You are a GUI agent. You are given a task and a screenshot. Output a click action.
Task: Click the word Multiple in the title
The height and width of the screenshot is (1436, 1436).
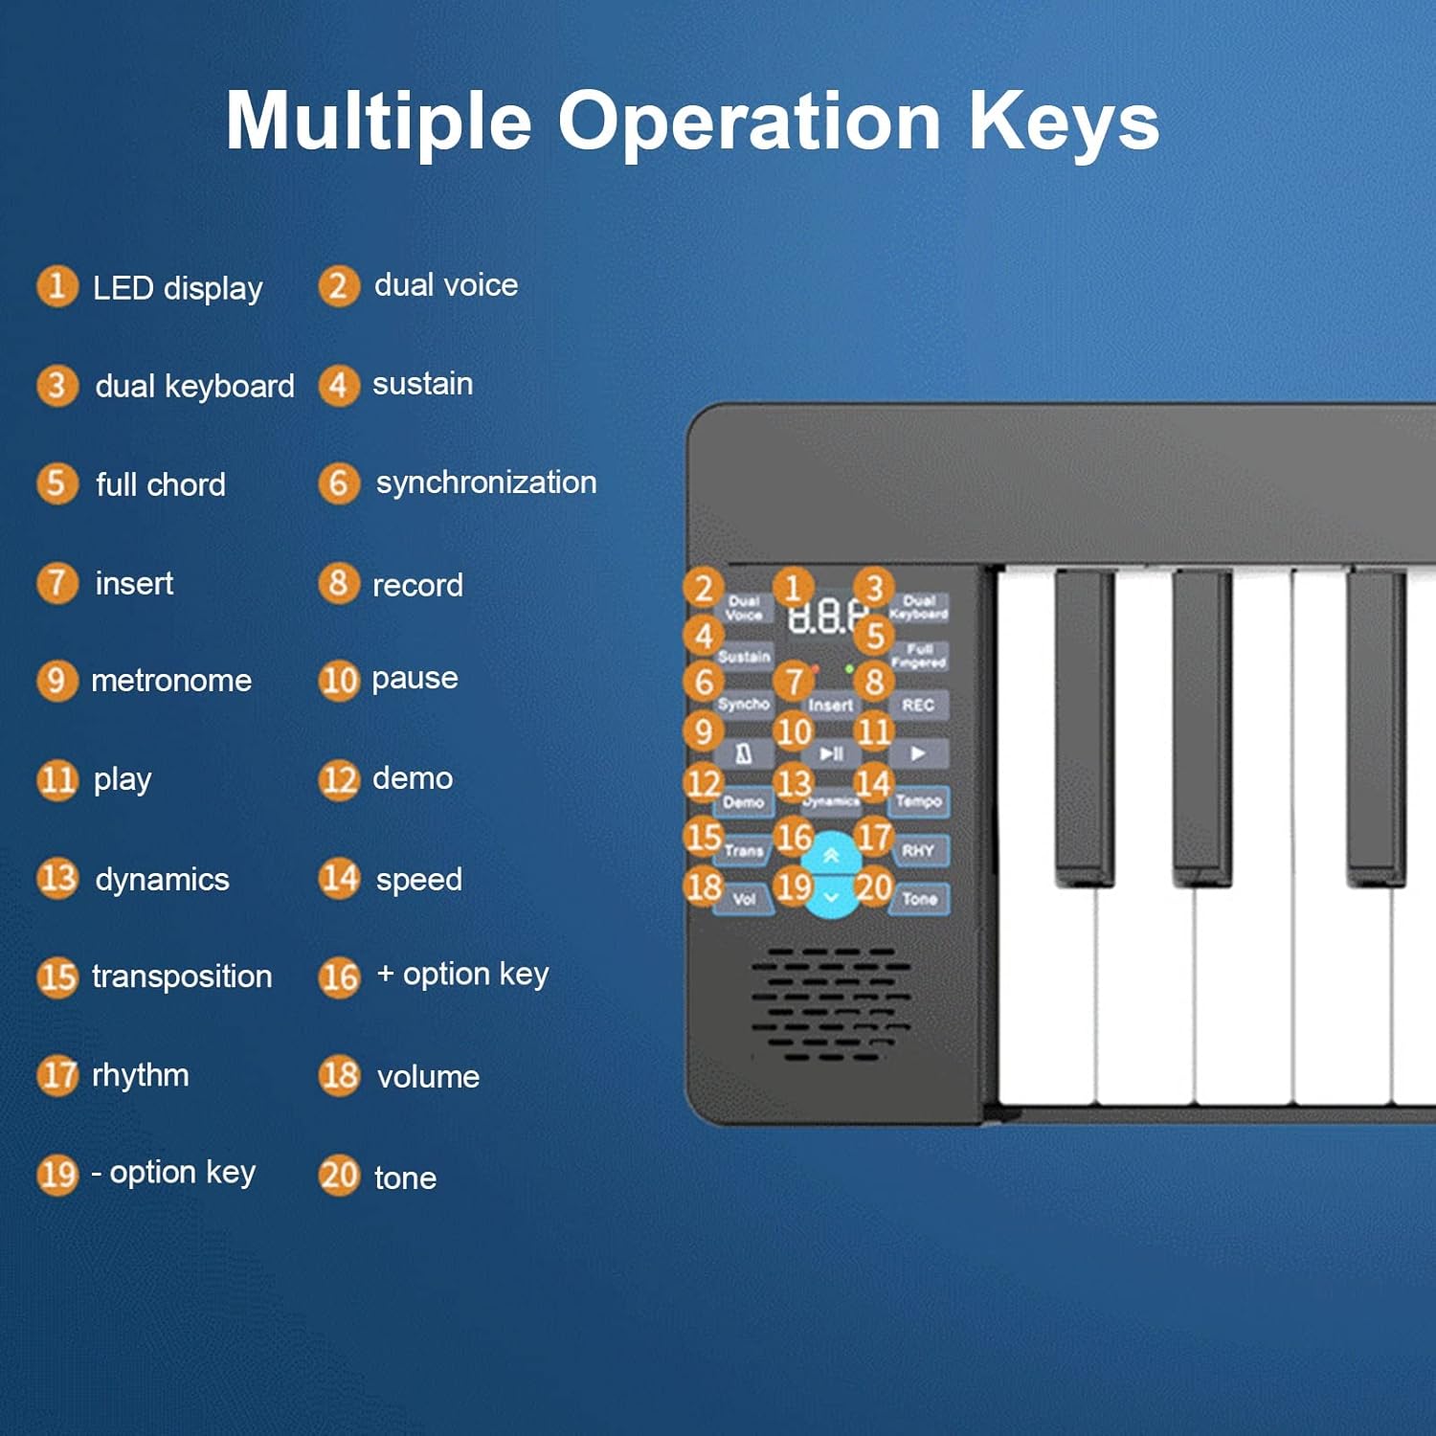tap(378, 122)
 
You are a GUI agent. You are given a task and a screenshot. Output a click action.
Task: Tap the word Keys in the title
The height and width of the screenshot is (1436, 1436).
tap(1064, 122)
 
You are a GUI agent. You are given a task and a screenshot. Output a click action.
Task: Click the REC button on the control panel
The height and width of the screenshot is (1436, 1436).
tap(917, 706)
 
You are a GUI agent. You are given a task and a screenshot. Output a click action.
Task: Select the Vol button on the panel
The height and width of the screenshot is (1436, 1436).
tap(744, 899)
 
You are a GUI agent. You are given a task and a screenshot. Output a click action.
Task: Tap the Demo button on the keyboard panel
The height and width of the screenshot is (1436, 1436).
tap(744, 802)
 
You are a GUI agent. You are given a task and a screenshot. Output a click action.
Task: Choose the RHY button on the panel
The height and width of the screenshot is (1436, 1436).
tap(917, 850)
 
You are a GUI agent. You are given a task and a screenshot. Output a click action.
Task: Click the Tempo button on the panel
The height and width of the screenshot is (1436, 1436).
tap(918, 801)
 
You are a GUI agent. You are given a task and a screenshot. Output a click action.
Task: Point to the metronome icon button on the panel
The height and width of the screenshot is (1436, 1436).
tap(744, 754)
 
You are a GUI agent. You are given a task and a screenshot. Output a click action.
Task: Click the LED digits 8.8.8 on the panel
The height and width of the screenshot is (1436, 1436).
tap(825, 617)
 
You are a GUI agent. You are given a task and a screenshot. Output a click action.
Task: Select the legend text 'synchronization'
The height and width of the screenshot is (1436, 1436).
tap(485, 482)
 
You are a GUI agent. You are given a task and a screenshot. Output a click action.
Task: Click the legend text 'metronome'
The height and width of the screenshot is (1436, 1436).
tap(171, 681)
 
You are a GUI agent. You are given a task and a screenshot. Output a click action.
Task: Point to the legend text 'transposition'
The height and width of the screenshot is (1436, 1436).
tap(182, 976)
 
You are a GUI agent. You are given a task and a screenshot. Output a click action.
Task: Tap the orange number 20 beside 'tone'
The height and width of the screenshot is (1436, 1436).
tap(339, 1176)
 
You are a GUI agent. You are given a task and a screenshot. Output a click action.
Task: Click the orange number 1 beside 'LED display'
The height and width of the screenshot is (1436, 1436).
tap(56, 286)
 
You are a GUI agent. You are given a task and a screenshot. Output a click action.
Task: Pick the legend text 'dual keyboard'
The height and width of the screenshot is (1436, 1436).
tap(194, 386)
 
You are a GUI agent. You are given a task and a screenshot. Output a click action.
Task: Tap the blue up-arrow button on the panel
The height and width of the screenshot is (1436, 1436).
tap(831, 855)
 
